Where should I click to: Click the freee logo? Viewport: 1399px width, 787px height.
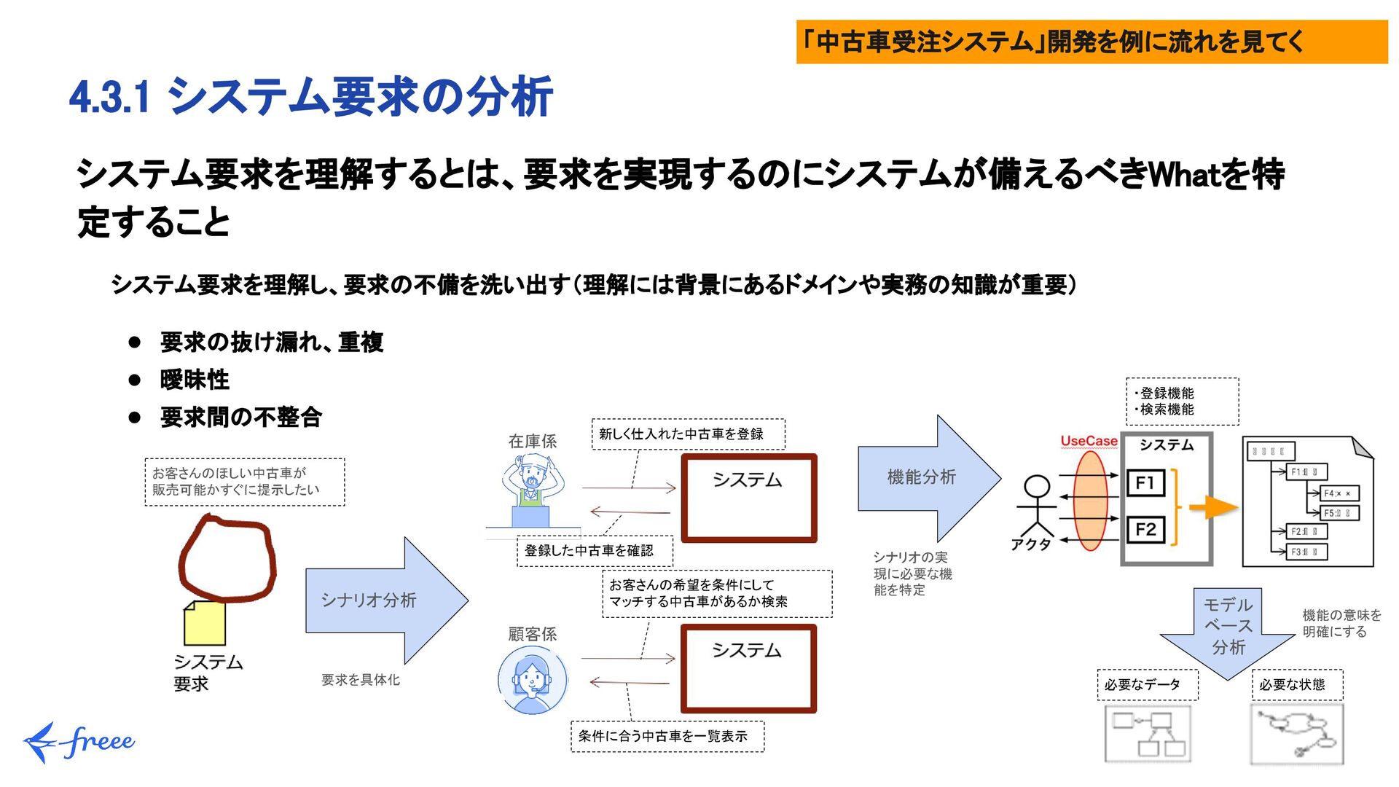point(80,742)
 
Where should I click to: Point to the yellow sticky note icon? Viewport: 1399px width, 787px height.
point(205,624)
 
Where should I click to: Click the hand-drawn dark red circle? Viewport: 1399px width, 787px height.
point(227,557)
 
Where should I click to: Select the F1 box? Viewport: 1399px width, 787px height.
point(1145,482)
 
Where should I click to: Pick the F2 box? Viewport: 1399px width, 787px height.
point(1145,530)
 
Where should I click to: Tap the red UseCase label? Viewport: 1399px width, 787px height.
point(1089,441)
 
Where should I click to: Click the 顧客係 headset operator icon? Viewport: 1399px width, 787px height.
point(533,680)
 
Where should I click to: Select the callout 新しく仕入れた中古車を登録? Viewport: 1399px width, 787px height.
point(688,434)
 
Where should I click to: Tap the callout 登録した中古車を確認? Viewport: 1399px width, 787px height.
point(594,551)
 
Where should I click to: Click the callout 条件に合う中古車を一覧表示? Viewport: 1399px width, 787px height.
point(667,736)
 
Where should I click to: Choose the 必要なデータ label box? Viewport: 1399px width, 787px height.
point(1147,685)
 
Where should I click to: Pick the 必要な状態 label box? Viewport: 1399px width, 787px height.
point(1297,685)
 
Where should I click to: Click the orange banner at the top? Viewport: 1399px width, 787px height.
point(1092,42)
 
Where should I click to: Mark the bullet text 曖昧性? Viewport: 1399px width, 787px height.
point(195,380)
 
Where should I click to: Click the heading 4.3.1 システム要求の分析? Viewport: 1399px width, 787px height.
point(311,97)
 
